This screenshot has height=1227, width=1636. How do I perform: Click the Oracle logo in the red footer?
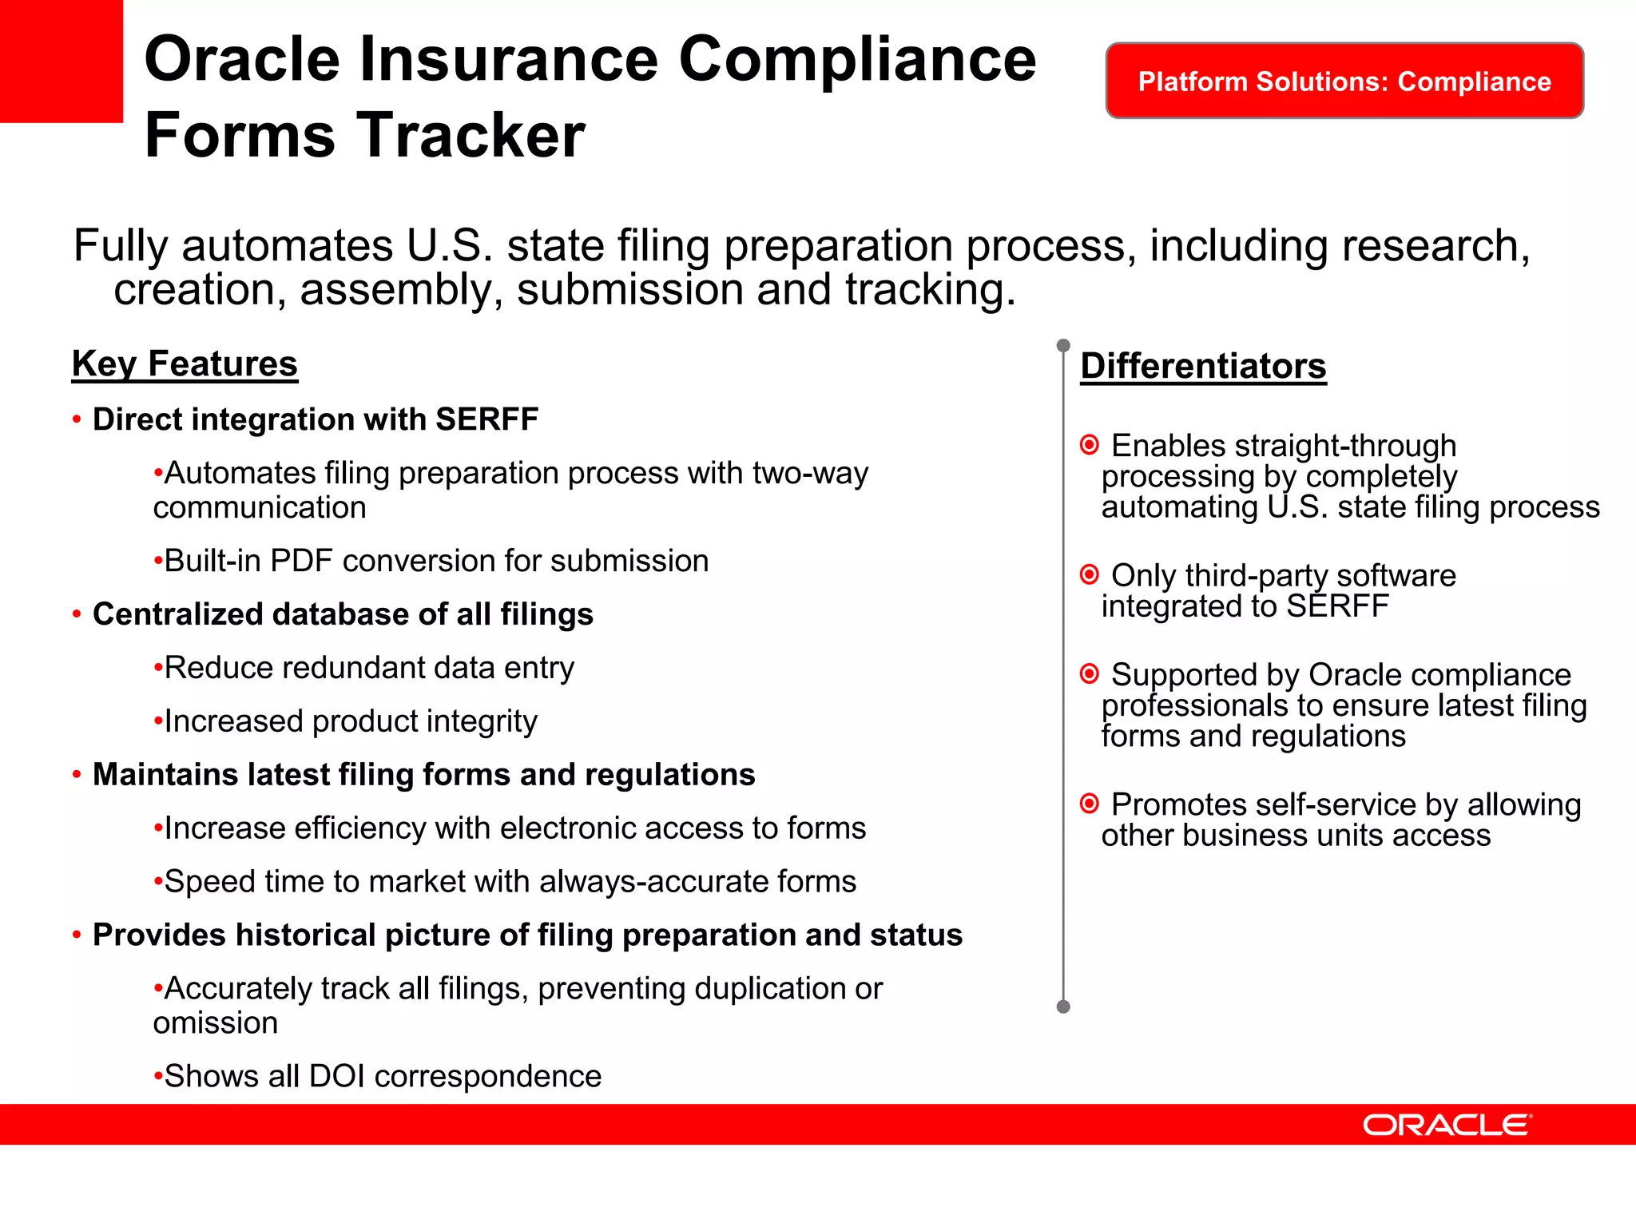click(x=1447, y=1125)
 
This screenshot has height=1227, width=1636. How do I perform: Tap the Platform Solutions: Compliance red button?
click(x=1344, y=81)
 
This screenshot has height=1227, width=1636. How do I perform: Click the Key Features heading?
click(x=185, y=364)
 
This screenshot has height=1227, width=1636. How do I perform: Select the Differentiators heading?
click(x=1203, y=367)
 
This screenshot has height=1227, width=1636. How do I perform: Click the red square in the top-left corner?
click(x=61, y=61)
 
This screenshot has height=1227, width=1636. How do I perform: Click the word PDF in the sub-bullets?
click(x=301, y=562)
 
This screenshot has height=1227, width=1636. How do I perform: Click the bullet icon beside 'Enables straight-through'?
click(x=1089, y=445)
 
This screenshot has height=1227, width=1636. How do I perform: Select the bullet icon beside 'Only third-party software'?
click(x=1089, y=574)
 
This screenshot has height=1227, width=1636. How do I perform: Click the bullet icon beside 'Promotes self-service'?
click(x=1089, y=804)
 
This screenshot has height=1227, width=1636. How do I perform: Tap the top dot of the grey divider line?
click(x=1063, y=346)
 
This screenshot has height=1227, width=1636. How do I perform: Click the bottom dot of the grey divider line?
click(x=1063, y=1007)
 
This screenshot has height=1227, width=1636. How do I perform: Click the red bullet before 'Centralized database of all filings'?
click(x=77, y=615)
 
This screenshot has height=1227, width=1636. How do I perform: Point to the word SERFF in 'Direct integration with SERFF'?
click(x=486, y=420)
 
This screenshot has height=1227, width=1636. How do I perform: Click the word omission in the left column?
click(x=216, y=1023)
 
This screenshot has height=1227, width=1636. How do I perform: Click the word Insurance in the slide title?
click(x=508, y=60)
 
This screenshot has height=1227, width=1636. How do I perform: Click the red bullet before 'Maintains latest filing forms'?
click(x=77, y=775)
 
